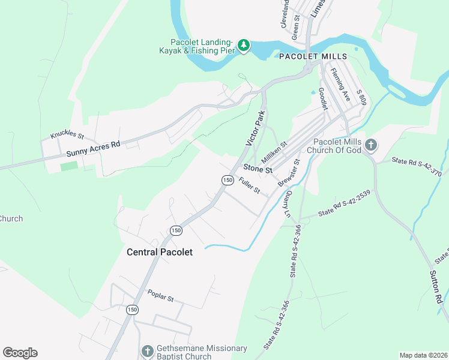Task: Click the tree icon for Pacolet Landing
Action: click(244, 45)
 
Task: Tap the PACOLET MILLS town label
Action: click(313, 56)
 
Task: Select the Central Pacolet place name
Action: click(160, 252)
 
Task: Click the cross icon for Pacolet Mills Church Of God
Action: click(371, 145)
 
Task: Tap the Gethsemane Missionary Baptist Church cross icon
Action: click(148, 351)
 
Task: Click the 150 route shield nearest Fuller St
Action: click(227, 180)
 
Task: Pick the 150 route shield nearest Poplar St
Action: click(132, 310)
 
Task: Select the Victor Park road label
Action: click(255, 127)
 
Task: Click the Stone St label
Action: click(258, 169)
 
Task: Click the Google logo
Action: click(20, 353)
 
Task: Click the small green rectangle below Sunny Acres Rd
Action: click(69, 166)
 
